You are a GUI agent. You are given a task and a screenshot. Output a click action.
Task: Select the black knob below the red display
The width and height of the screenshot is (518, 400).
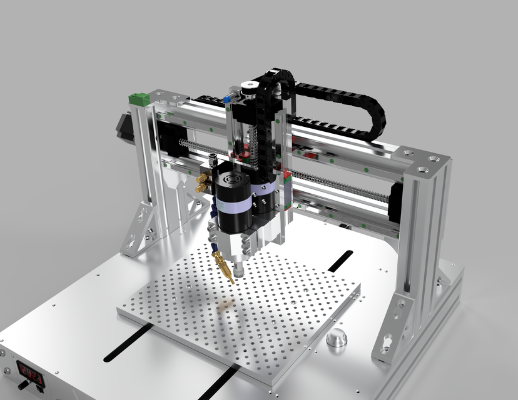click(x=27, y=386)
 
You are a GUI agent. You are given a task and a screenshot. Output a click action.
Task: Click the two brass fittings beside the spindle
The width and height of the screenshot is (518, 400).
click(x=202, y=183)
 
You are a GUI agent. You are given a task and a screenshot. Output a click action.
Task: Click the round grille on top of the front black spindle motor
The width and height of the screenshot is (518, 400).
click(x=231, y=179)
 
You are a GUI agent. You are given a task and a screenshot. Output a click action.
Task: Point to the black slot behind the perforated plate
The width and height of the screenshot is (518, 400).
click(x=340, y=261)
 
